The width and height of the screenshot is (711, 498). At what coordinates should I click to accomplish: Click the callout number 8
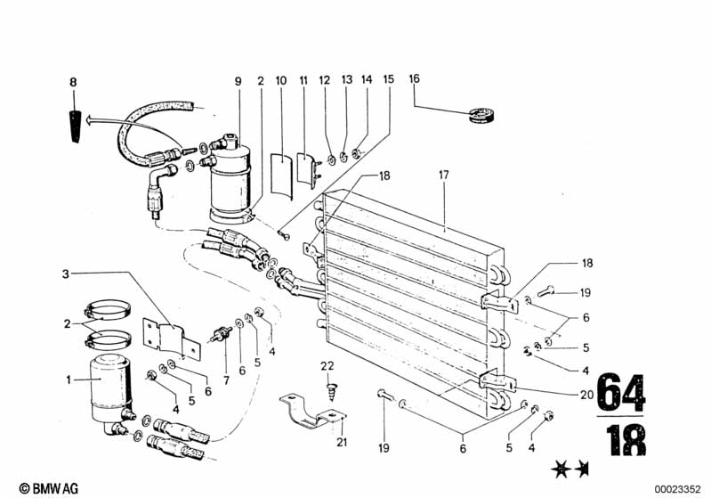pyautogui.click(x=73, y=82)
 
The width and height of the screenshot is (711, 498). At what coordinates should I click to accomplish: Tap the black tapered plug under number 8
pyautogui.click(x=76, y=127)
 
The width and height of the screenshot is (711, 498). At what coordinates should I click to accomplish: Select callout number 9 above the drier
pyautogui.click(x=238, y=82)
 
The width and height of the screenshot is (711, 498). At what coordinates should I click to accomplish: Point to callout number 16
pyautogui.click(x=415, y=79)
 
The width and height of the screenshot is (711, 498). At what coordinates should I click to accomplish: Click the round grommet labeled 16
pyautogui.click(x=481, y=115)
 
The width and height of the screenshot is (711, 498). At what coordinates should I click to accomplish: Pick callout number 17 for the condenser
pyautogui.click(x=443, y=175)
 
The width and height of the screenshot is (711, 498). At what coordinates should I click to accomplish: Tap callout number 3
pyautogui.click(x=66, y=274)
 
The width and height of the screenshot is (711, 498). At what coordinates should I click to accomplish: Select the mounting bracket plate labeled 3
pyautogui.click(x=172, y=339)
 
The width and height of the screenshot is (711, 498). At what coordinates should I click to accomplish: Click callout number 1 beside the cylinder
pyautogui.click(x=69, y=379)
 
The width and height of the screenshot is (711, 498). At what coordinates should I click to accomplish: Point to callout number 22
pyautogui.click(x=327, y=366)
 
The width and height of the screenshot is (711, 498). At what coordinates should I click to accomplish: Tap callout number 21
pyautogui.click(x=342, y=441)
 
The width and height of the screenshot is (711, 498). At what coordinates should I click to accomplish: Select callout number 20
pyautogui.click(x=586, y=395)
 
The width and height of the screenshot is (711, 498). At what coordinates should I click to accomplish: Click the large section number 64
pyautogui.click(x=621, y=392)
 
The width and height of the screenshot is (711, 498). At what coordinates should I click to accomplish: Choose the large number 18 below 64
pyautogui.click(x=626, y=440)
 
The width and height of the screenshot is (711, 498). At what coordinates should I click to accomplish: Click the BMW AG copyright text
pyautogui.click(x=49, y=488)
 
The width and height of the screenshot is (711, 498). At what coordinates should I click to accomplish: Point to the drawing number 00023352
pyautogui.click(x=677, y=489)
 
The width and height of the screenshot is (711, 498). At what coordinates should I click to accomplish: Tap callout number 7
pyautogui.click(x=226, y=380)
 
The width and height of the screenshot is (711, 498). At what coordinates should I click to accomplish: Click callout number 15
pyautogui.click(x=389, y=79)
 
